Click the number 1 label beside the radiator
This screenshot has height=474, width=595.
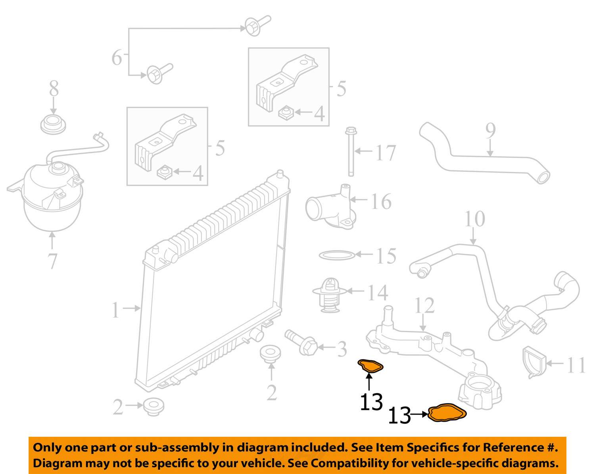(115, 310)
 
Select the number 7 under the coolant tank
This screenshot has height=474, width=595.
(52, 261)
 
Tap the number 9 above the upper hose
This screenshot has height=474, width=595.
(491, 131)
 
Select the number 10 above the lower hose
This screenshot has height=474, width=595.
(474, 219)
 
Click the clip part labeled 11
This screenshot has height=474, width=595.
(533, 361)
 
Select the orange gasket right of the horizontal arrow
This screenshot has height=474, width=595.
(448, 413)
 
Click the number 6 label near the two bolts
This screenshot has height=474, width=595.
(117, 58)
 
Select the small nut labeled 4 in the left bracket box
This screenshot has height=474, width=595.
(164, 172)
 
